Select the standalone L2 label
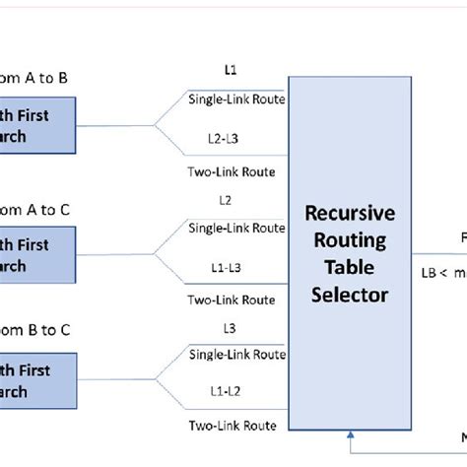[226, 201]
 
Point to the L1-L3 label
[231, 269]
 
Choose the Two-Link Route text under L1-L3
[232, 300]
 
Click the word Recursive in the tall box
[352, 215]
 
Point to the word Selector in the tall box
[352, 293]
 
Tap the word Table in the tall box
[352, 267]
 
